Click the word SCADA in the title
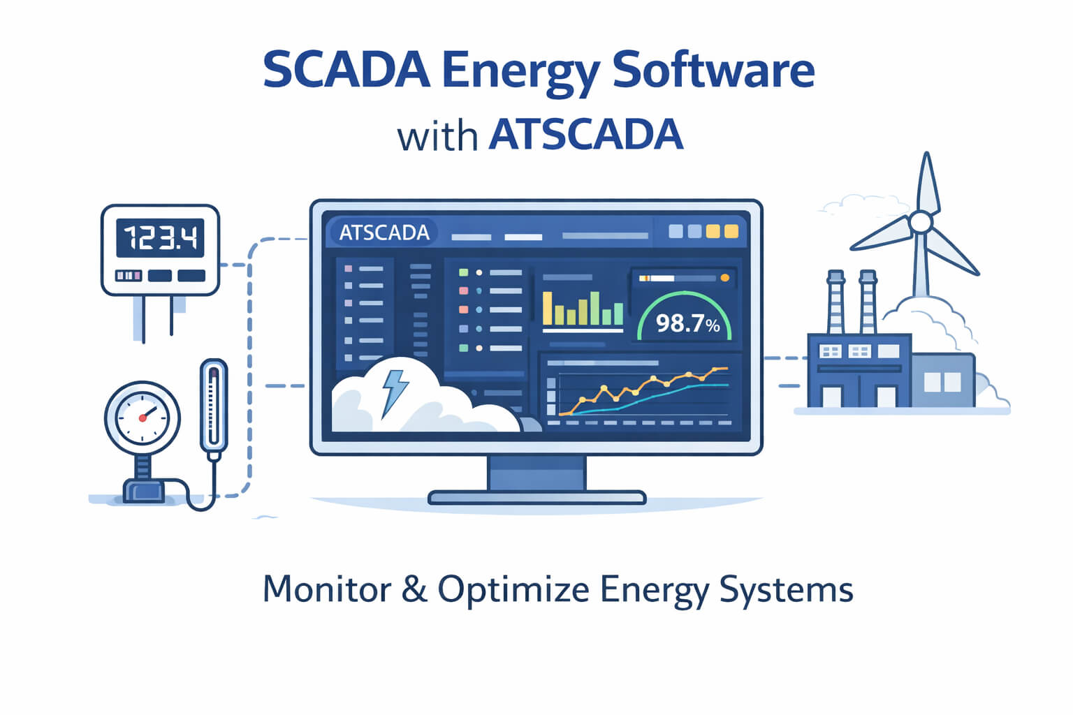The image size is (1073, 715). [346, 70]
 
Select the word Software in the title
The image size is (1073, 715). [713, 70]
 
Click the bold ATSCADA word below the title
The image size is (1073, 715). [586, 135]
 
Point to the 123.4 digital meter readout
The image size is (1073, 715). [160, 238]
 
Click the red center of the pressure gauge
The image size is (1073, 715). [143, 418]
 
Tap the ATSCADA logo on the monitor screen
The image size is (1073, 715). [384, 233]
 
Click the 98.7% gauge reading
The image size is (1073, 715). [688, 324]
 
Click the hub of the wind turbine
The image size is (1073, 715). [920, 222]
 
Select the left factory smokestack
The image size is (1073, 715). [835, 302]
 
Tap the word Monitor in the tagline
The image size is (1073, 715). [327, 589]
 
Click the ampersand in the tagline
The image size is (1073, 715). [414, 589]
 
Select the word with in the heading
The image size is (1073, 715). [437, 137]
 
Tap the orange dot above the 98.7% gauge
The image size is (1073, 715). [724, 278]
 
